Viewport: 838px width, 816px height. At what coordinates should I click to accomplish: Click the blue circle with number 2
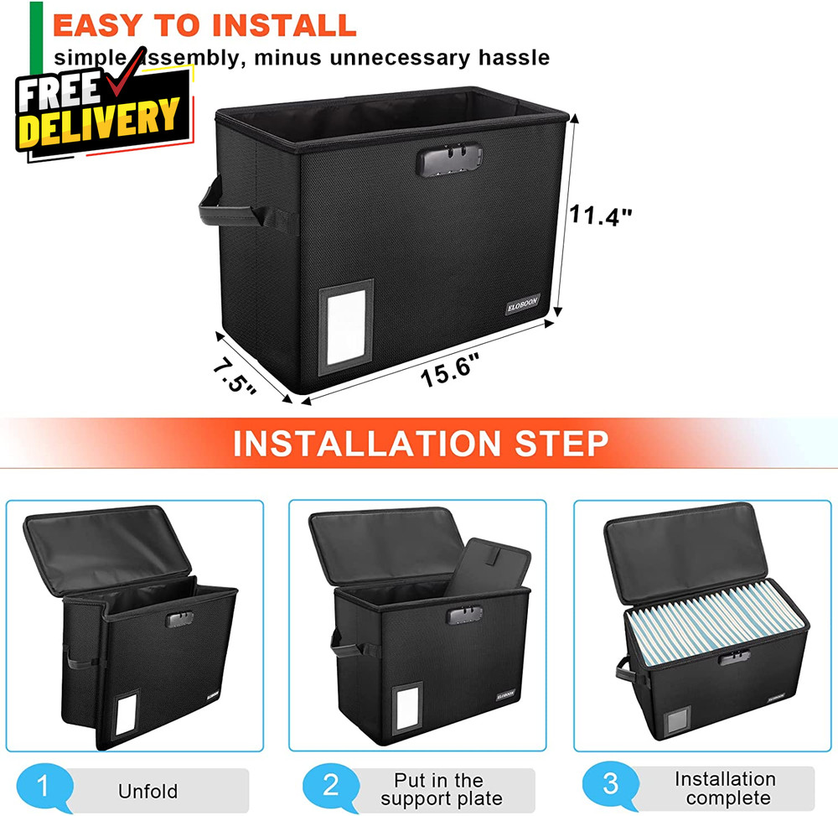331,786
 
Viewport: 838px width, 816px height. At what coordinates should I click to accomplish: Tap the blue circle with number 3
610,786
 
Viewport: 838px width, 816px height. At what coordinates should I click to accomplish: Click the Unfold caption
147,791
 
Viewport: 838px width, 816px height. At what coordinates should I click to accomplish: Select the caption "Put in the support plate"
439,790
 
